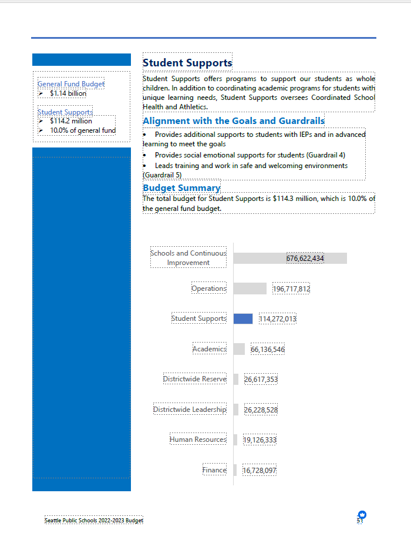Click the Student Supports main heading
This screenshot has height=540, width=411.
187,63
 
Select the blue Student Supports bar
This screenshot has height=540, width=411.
242,318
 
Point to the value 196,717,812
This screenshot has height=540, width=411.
291,289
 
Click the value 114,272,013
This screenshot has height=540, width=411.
278,319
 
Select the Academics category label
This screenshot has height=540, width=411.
210,349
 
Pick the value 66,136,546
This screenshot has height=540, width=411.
268,350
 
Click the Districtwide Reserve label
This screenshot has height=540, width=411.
194,379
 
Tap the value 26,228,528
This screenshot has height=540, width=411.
261,410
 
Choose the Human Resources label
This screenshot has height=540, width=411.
198,440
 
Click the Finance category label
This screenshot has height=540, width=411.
214,470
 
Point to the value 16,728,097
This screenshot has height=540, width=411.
259,471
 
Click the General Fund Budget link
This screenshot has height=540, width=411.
71,84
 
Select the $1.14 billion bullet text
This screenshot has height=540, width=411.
68,93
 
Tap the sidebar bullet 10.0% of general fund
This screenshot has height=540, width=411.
83,130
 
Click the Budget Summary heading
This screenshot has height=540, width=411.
181,188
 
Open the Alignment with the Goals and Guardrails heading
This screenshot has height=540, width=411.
233,121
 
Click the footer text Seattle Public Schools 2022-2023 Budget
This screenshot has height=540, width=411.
94,521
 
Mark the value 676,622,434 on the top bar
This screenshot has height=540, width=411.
305,258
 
